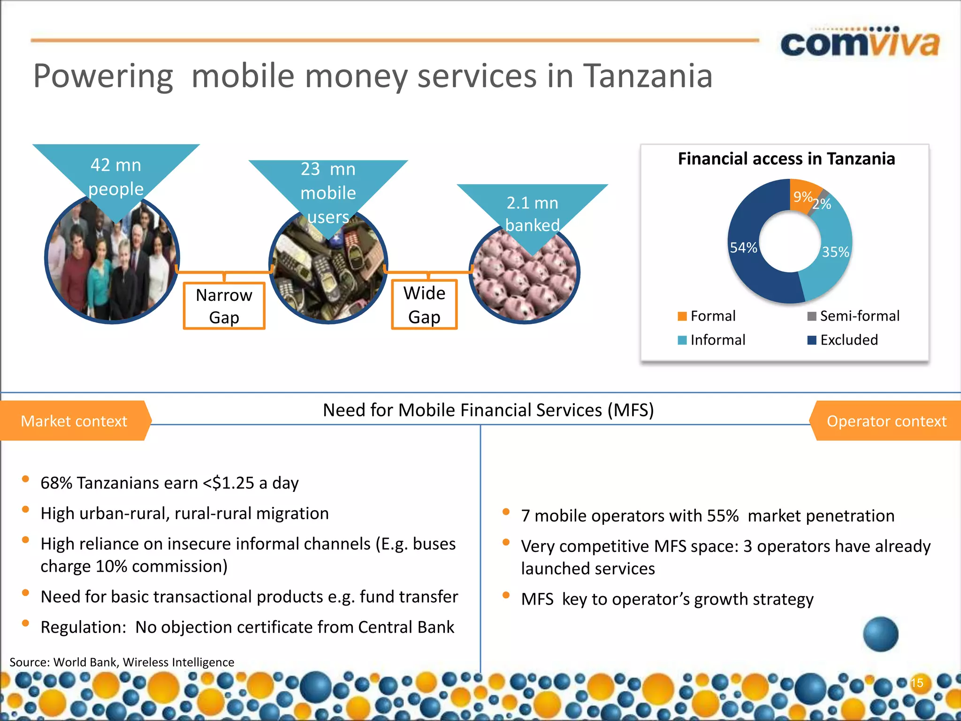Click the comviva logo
click(x=860, y=43)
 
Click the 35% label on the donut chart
click(x=835, y=252)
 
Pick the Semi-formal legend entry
click(x=853, y=316)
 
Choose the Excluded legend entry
click(x=843, y=340)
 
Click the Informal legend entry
click(x=712, y=340)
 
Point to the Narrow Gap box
click(x=224, y=306)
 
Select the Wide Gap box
click(x=424, y=305)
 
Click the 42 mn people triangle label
click(x=116, y=177)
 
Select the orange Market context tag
click(x=74, y=421)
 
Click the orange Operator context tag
click(x=886, y=421)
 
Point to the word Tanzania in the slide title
click(x=648, y=76)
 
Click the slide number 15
click(x=917, y=683)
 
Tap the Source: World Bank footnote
click(x=122, y=662)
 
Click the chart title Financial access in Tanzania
click(x=786, y=159)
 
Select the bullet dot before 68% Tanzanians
click(x=26, y=479)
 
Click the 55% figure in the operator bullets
click(x=723, y=516)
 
